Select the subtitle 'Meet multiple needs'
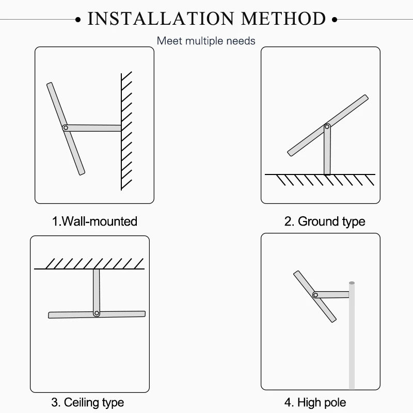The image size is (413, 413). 206,40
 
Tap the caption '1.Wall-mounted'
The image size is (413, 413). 94,221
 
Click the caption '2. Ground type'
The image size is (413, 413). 325,221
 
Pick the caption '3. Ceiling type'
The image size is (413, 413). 87,402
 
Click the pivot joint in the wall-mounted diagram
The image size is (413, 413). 65,128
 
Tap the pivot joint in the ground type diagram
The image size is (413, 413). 327,126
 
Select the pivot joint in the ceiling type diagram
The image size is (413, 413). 96,313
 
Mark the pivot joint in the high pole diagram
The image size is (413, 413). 315,295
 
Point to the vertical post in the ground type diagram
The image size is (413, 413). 327,152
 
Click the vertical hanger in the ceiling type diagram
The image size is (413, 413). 96,289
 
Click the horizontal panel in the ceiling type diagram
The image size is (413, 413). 124,314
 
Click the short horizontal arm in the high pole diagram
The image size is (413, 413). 334,294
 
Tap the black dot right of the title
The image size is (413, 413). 334,20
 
